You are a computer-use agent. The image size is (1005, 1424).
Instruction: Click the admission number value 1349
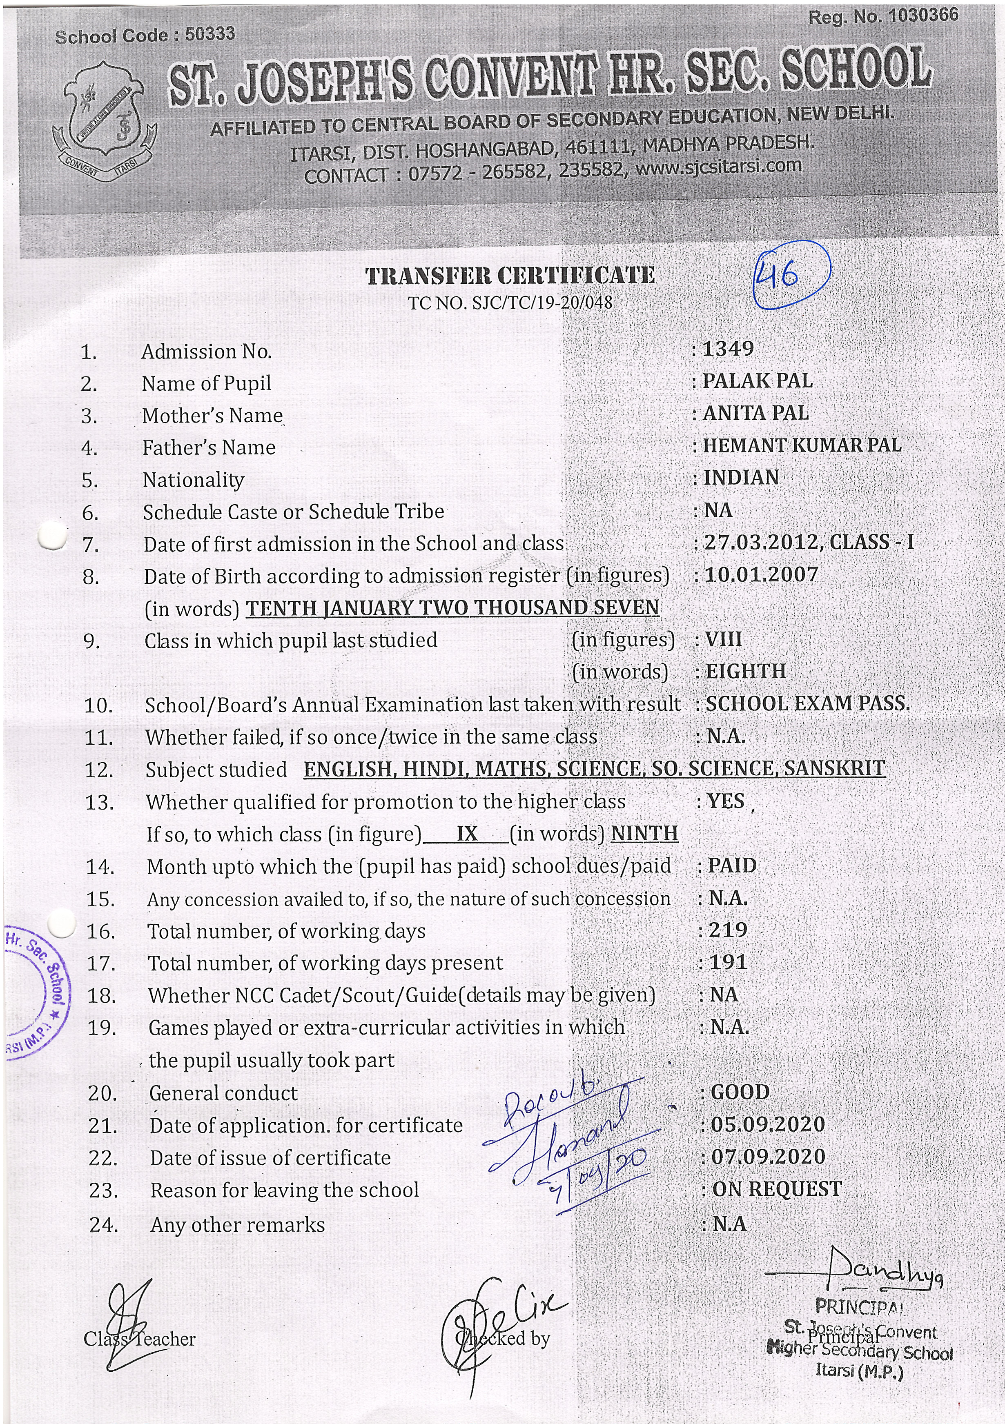point(728,349)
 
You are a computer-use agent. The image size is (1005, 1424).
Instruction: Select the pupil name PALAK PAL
point(757,381)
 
